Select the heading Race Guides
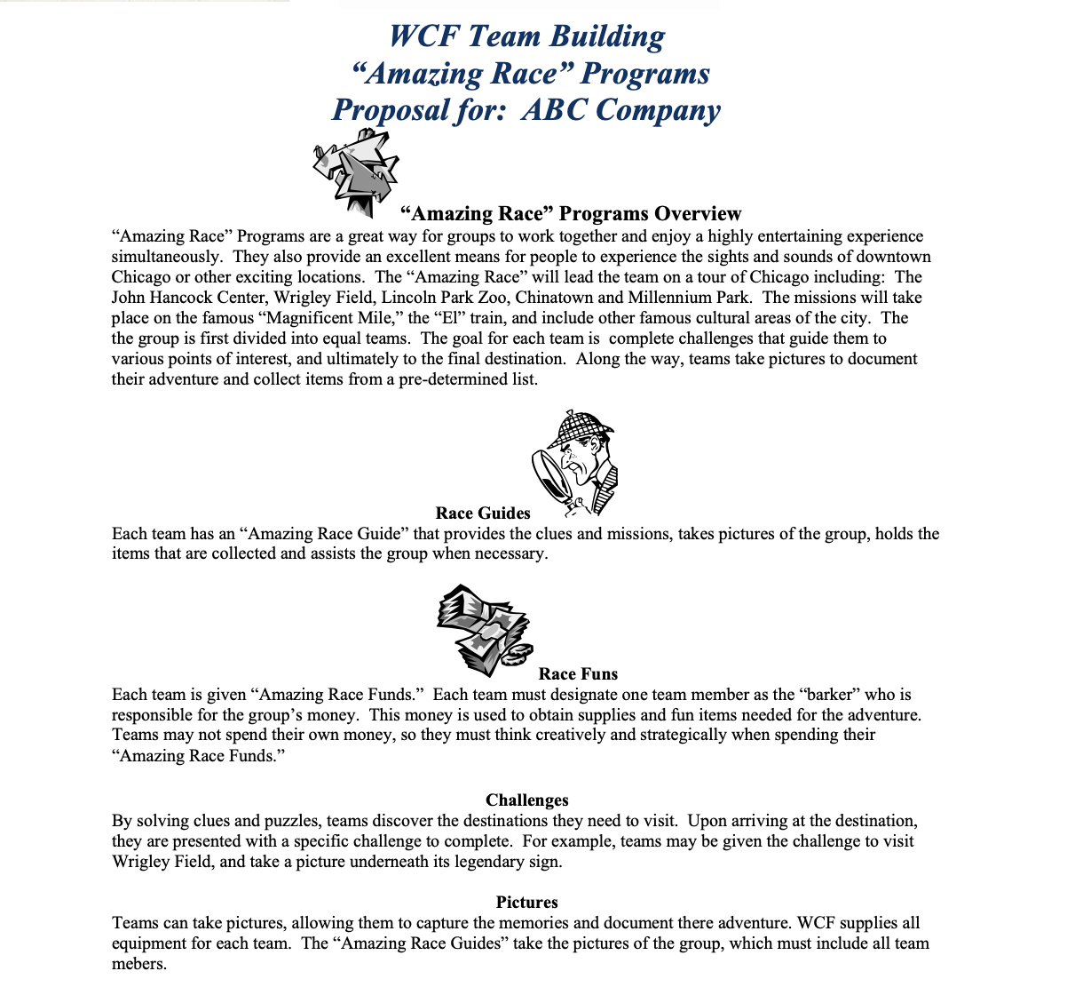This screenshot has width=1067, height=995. click(483, 513)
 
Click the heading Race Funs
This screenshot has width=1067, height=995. click(578, 674)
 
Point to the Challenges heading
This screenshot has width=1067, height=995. click(526, 800)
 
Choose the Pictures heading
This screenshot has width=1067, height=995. click(526, 903)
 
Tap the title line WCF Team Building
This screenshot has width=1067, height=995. click(526, 36)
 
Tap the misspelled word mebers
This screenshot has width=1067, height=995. click(138, 964)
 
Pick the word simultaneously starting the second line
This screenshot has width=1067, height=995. click(168, 257)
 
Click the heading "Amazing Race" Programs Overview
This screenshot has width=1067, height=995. click(571, 214)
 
